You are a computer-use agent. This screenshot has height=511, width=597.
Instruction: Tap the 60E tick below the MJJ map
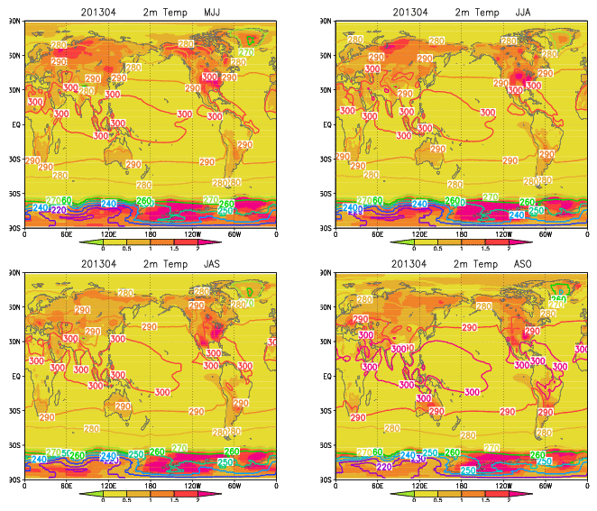point(66,234)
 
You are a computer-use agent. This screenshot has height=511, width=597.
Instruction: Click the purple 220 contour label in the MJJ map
point(59,210)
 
